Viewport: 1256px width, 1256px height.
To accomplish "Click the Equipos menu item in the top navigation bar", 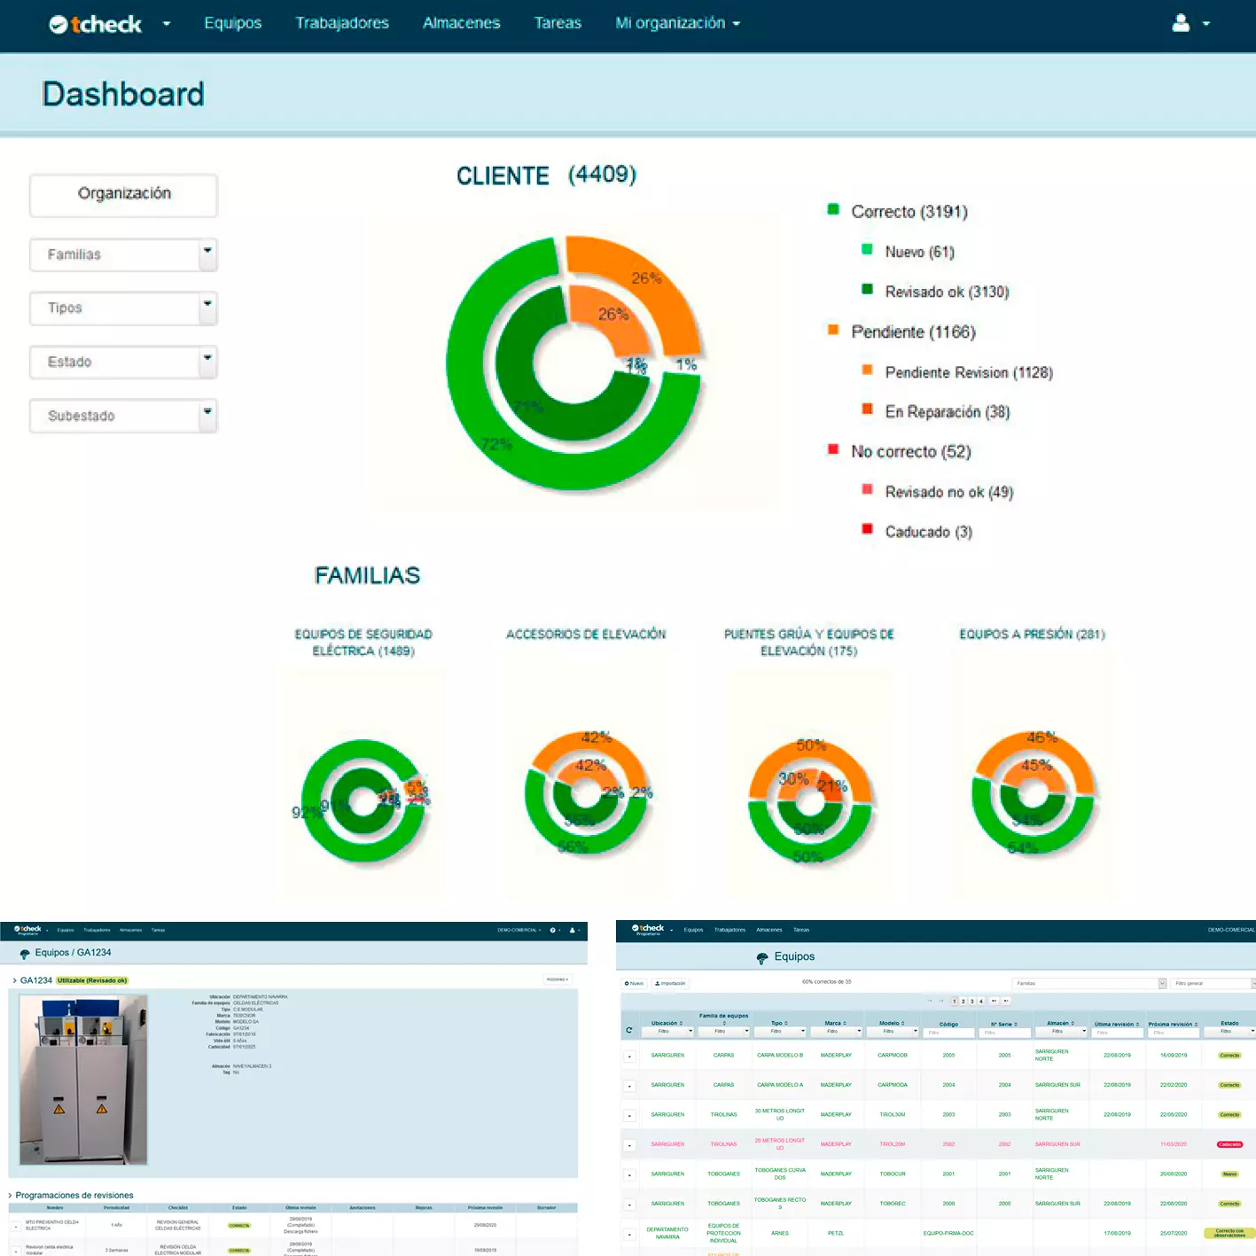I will point(232,23).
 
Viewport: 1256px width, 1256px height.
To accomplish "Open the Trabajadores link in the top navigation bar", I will point(342,23).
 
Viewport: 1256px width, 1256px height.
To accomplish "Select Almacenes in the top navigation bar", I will point(461,23).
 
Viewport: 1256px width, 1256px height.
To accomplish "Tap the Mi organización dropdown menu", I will point(677,23).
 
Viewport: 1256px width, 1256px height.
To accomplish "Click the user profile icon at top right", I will point(1181,23).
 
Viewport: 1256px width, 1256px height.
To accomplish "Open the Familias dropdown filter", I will point(123,255).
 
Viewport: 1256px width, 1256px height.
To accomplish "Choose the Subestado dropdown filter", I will point(123,416).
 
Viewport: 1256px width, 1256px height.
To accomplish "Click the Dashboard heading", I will point(123,94).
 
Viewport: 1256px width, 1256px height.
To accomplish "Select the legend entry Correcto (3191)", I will point(909,212).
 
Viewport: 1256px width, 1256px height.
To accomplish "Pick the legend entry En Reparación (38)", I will point(947,412).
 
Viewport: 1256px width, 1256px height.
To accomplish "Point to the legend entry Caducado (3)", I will point(928,532).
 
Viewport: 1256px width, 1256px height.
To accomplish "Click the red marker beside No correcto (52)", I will point(833,449).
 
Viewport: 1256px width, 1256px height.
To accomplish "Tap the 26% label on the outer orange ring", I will point(646,278).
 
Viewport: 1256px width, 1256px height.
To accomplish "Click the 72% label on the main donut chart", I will point(496,444).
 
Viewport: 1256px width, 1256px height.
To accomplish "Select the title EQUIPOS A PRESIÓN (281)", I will point(1032,635).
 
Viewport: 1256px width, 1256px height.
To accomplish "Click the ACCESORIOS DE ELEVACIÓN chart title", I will point(586,635).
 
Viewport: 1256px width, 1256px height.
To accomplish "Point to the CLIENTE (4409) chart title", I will point(546,176).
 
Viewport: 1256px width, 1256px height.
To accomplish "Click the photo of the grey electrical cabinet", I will point(83,1080).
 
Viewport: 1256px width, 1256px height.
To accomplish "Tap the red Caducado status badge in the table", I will point(1229,1144).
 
